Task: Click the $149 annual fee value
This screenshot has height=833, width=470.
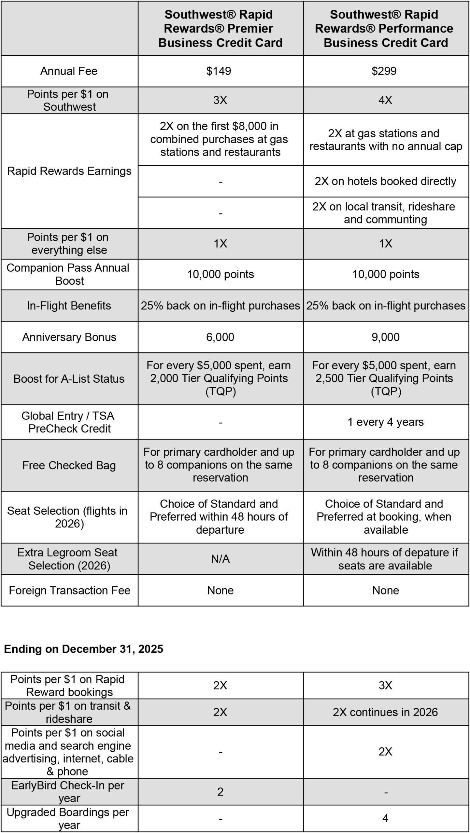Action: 219,71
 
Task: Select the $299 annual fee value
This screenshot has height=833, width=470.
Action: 384,71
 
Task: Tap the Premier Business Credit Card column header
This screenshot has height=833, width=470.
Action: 220,29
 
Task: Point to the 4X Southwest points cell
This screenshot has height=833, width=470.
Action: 385,100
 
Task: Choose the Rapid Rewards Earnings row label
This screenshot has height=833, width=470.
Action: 69,171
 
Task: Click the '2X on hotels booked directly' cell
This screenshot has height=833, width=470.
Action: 385,181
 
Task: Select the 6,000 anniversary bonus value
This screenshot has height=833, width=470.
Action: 220,337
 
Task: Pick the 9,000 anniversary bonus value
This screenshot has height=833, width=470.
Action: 385,337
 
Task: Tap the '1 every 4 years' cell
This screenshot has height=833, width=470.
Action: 385,422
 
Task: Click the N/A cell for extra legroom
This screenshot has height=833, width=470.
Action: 220,559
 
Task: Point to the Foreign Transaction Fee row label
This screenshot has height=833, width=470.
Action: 69,590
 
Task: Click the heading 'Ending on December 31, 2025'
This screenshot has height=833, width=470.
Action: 83,649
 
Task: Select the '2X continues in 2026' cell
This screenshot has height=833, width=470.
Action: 385,712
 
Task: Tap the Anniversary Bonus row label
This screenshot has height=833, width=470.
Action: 69,337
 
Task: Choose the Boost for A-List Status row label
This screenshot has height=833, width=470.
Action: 69,379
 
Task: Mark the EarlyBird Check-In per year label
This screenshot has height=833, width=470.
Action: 68,792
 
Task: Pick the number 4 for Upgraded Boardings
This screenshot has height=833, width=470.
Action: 385,818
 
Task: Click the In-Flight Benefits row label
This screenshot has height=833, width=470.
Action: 69,306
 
